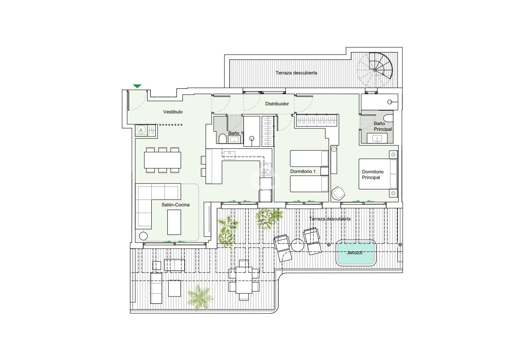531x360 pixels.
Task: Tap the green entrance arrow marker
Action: click(137, 86)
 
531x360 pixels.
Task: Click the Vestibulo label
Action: click(173, 112)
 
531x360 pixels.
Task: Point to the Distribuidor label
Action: click(277, 104)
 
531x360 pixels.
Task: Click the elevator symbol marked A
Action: click(141, 130)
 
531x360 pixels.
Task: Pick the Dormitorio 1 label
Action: click(303, 171)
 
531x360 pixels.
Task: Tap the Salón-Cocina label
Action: click(175, 205)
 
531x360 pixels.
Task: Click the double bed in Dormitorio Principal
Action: click(378, 174)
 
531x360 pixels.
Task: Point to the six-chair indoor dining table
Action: click(163, 160)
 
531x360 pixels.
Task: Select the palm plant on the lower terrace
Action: click(200, 297)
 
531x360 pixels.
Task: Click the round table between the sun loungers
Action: click(298, 246)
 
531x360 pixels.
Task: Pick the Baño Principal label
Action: click(383, 126)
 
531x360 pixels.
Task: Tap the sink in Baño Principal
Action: click(377, 138)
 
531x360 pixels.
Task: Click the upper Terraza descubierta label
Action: click(296, 73)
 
